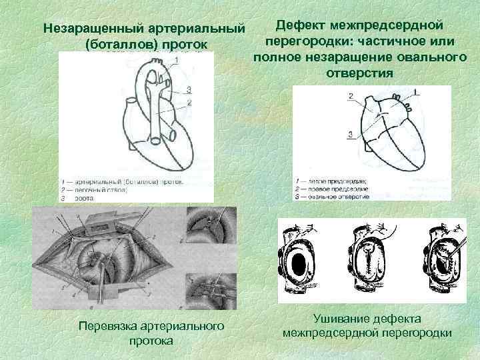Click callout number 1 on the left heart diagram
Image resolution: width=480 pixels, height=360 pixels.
click(x=177, y=61)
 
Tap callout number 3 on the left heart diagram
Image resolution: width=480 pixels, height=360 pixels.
click(x=189, y=89)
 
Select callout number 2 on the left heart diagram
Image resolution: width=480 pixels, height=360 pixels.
click(x=189, y=102)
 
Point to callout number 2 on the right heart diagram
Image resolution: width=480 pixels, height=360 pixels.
click(x=351, y=97)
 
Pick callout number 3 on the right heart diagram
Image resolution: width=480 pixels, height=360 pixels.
click(x=351, y=135)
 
